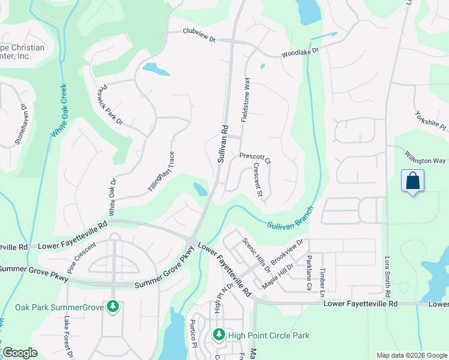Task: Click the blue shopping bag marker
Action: click(412, 181)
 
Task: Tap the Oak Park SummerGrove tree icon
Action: click(112, 307)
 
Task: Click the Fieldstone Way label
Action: click(245, 100)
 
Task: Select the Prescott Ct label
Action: click(255, 157)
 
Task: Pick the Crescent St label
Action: click(258, 179)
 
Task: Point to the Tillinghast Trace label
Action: click(162, 172)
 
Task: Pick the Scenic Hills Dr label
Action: click(257, 255)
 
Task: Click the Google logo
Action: click(20, 353)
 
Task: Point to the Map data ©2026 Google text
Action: click(412, 355)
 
